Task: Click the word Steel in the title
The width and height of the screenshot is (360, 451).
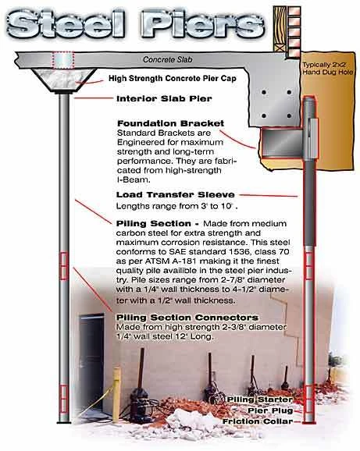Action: point(66,23)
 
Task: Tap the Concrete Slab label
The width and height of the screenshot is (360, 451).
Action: point(168,59)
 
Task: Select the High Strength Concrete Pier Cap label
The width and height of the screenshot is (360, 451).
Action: point(173,78)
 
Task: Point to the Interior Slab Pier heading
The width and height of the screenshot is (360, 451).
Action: point(164,98)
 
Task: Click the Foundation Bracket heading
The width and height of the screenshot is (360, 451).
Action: point(171,123)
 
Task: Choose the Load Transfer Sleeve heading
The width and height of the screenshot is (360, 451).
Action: point(175,195)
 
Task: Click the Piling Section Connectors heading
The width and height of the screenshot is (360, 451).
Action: point(187,318)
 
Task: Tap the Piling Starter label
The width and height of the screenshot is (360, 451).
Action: point(260,400)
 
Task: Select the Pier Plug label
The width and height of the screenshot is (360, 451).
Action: point(270,410)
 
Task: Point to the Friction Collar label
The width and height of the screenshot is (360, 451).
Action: point(258,421)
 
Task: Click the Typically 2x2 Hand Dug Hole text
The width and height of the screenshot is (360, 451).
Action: point(327,69)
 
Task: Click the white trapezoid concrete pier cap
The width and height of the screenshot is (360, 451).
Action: point(63,80)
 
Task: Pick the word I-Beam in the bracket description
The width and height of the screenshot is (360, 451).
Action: point(134,180)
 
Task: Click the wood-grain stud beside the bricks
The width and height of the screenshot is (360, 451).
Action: point(280,29)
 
